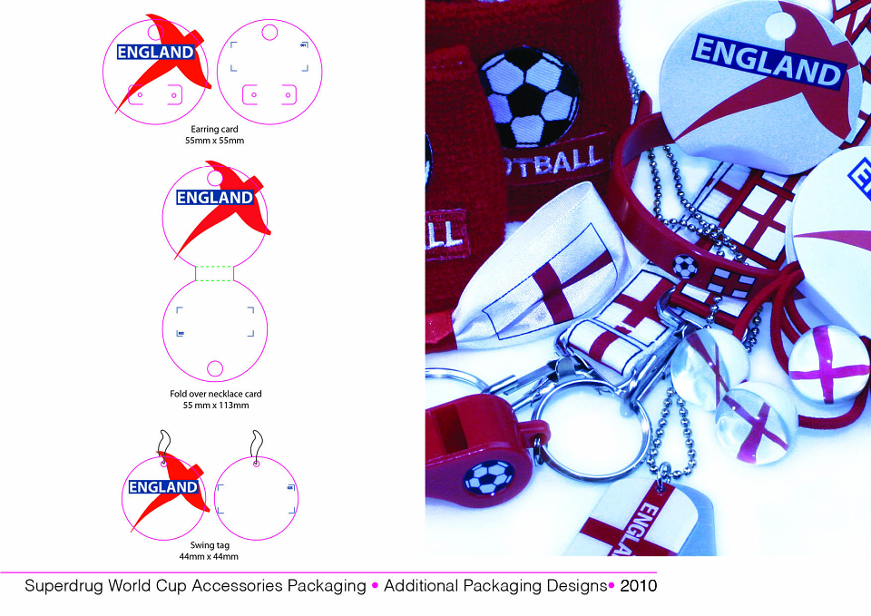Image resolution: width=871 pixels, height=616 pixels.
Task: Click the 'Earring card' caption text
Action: tap(214, 129)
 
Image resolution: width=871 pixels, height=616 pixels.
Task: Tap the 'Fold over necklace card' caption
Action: tap(216, 393)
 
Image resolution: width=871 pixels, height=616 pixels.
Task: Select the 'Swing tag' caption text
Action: tap(210, 545)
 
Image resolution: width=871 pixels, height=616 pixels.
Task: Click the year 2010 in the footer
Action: tap(638, 585)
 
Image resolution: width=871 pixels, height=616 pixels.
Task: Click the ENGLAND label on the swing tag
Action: tap(163, 487)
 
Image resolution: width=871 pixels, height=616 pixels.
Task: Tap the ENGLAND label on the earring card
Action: tap(155, 53)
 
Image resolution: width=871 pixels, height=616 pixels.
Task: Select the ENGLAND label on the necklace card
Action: tap(215, 197)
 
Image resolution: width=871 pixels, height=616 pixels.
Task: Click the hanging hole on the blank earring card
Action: tap(269, 33)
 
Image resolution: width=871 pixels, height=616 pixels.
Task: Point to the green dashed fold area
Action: tap(215, 273)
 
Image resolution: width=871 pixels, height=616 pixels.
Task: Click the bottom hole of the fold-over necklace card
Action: tap(215, 368)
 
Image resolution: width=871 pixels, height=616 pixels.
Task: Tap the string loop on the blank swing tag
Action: tap(256, 445)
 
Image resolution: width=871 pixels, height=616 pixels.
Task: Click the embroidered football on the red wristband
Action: tap(528, 98)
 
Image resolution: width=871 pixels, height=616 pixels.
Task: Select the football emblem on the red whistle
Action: tap(489, 477)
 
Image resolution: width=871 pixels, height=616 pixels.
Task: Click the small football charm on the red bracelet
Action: tap(685, 267)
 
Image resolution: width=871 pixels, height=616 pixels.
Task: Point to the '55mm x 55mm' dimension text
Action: tap(214, 141)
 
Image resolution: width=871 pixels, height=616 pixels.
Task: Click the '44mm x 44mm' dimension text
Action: tap(209, 556)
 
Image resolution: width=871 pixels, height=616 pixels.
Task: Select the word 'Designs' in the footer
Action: tap(577, 586)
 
